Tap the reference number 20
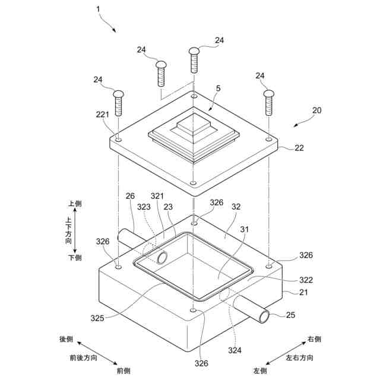[x=316, y=111]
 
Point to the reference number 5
[x=218, y=88]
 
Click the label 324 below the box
[x=235, y=350]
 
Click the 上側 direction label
[x=75, y=204]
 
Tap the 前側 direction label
[x=123, y=370]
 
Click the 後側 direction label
[x=66, y=340]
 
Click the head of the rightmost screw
[x=269, y=93]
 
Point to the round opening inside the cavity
[x=161, y=256]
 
